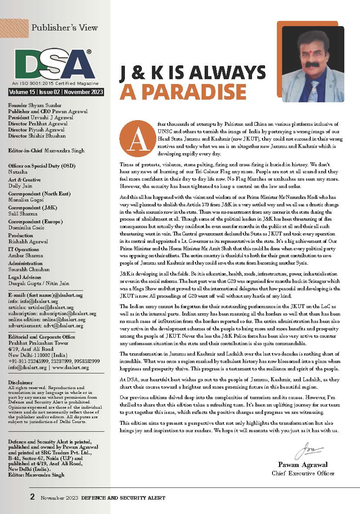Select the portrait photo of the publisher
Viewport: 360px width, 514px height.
pyautogui.click(x=313, y=64)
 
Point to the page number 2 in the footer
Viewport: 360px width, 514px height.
pyautogui.click(x=33, y=497)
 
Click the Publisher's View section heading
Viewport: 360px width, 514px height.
pyautogui.click(x=64, y=28)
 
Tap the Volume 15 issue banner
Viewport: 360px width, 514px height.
pyautogui.click(x=55, y=92)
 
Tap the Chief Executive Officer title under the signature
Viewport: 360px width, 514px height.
pyautogui.click(x=303, y=473)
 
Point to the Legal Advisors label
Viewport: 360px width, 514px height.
pyautogui.click(x=26, y=277)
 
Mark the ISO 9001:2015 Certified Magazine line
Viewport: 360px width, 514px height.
pyautogui.click(x=55, y=84)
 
